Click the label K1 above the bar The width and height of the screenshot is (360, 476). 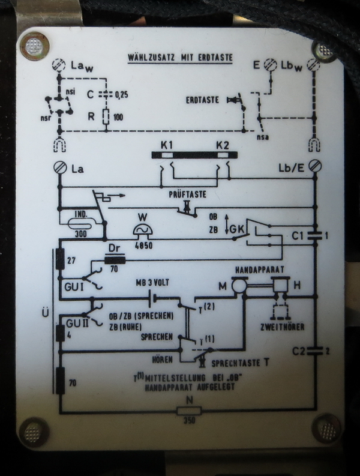[167, 144]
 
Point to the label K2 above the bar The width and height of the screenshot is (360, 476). [223, 144]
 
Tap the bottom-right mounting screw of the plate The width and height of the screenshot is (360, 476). [326, 428]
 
